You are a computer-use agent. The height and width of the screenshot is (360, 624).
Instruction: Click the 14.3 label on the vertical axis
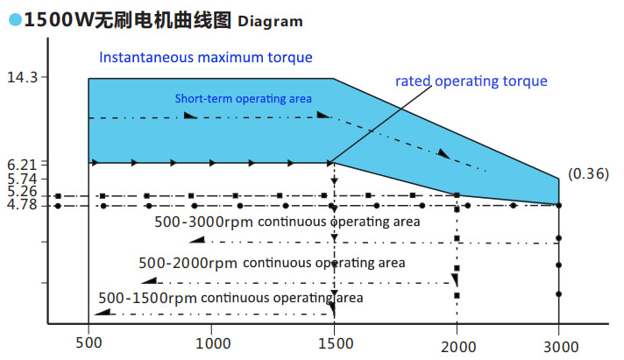click(21, 78)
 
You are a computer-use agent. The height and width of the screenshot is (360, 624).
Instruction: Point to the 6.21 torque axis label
click(21, 164)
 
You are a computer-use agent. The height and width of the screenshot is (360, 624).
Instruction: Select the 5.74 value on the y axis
click(21, 178)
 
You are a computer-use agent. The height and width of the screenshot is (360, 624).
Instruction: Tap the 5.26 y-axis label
click(21, 191)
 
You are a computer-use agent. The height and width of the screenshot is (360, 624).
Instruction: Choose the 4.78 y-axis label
click(21, 205)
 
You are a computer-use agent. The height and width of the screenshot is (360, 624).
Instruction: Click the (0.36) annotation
click(588, 173)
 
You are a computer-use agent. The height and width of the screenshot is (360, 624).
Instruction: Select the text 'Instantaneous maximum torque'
click(206, 59)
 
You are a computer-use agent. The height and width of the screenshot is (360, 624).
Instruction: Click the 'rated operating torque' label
click(471, 81)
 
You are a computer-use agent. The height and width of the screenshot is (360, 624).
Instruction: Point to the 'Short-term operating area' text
click(243, 98)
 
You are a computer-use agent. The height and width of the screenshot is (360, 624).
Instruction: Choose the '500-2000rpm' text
click(188, 262)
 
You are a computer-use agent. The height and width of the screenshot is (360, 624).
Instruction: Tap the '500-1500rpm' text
click(147, 298)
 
